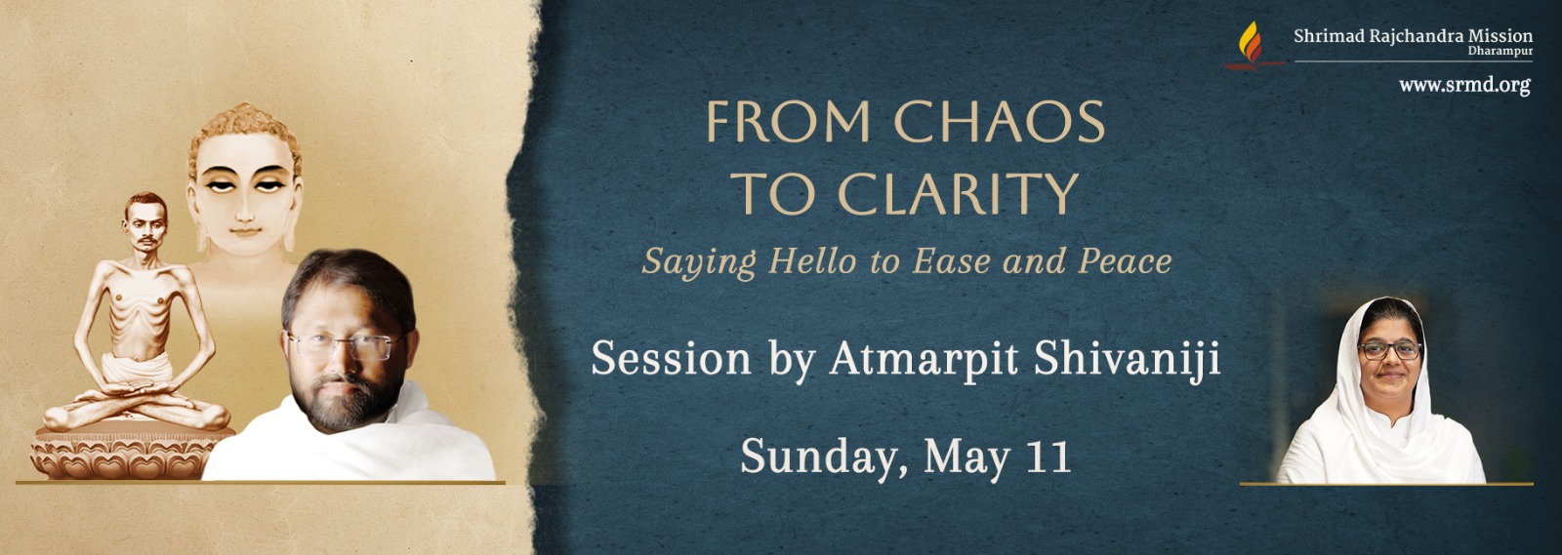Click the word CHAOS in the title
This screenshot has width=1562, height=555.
1000,122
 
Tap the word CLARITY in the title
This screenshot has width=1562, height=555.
958,193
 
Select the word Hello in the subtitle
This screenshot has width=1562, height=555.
812,261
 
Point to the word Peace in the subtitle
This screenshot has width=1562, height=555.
1125,261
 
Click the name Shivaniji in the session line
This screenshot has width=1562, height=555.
1127,359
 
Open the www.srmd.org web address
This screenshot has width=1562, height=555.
1464,85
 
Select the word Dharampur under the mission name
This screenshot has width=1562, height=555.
1500,52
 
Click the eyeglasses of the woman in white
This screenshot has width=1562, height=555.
1389,350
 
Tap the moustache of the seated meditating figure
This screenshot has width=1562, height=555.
146,241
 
